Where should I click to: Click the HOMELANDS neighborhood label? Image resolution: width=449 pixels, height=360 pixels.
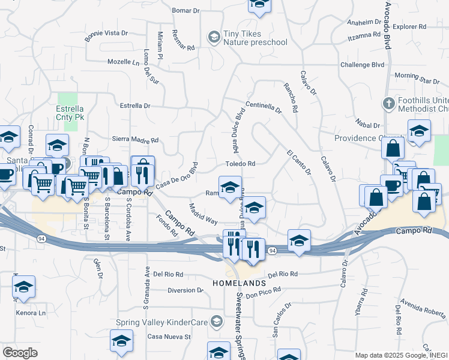pos(239,283)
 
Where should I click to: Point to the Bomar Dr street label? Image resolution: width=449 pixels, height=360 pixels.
pos(185,11)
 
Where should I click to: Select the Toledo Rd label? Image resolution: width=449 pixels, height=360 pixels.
pos(240,164)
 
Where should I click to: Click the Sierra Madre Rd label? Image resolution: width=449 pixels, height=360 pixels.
pos(135,140)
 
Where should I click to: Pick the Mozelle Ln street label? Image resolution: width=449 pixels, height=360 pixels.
pos(124,62)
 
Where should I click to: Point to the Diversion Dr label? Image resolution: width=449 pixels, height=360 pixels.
pos(173,290)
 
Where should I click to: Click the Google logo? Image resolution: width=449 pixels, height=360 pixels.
pos(20,353)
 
